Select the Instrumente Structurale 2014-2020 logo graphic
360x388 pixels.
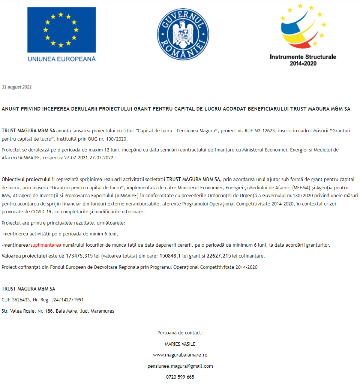tap(303, 28)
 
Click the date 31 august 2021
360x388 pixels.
tap(17, 87)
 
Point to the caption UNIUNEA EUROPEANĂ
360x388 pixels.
tap(61, 59)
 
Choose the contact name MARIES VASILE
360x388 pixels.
tap(180, 344)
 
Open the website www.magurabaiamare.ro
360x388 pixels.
tap(180, 355)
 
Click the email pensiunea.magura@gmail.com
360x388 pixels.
tap(180, 366)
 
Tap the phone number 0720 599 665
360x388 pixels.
tap(180, 377)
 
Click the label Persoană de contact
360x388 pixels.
tap(180, 333)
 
